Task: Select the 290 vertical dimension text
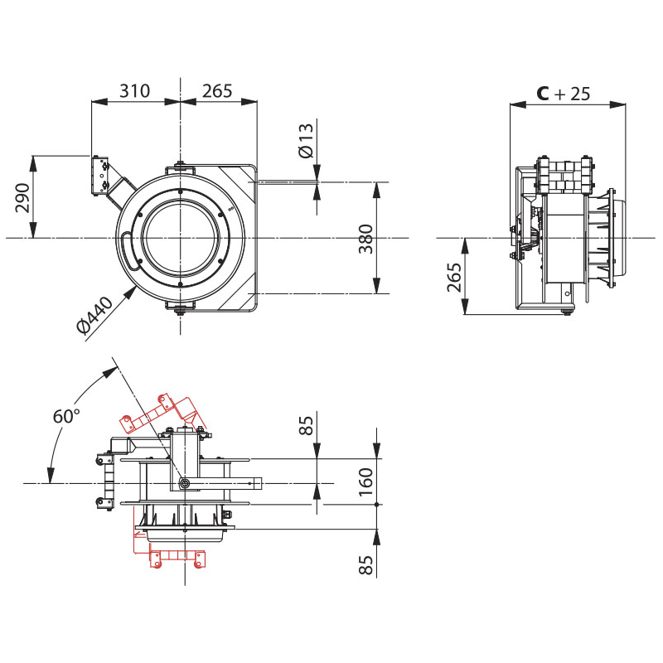click(x=22, y=198)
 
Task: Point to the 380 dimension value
click(x=365, y=238)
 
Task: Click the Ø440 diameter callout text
click(x=94, y=316)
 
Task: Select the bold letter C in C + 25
click(x=542, y=94)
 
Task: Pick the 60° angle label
click(x=65, y=416)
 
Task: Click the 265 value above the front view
click(x=217, y=91)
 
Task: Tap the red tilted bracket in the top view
click(x=159, y=413)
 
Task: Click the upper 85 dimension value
click(x=307, y=426)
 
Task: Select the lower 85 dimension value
click(x=365, y=565)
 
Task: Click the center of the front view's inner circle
click(x=181, y=239)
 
